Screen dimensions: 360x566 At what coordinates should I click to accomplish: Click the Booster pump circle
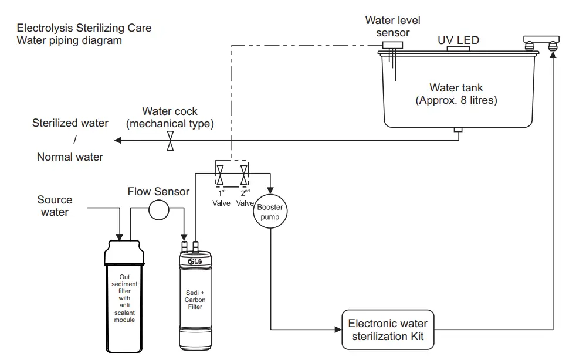tap(270, 212)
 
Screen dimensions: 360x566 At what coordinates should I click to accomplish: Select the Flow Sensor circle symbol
tap(158, 210)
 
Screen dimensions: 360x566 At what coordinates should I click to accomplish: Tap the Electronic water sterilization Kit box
tap(388, 330)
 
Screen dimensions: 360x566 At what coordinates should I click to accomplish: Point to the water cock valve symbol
tap(170, 140)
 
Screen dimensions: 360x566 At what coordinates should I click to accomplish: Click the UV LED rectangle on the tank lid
tap(458, 49)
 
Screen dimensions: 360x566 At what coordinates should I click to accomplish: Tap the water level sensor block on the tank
tap(392, 45)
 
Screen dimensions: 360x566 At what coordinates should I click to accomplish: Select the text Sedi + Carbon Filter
tap(195, 299)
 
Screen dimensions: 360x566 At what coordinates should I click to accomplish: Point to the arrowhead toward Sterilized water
tap(117, 140)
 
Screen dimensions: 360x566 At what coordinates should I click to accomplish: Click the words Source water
tap(55, 206)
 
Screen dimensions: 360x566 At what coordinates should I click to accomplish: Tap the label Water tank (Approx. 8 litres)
tap(456, 94)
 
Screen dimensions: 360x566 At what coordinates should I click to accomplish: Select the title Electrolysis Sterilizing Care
tap(84, 28)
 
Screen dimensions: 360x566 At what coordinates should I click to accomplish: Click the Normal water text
tap(70, 157)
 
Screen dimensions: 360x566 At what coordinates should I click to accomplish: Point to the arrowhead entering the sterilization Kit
tap(338, 330)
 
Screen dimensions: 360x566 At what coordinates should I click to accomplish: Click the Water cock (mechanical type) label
tap(170, 117)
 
